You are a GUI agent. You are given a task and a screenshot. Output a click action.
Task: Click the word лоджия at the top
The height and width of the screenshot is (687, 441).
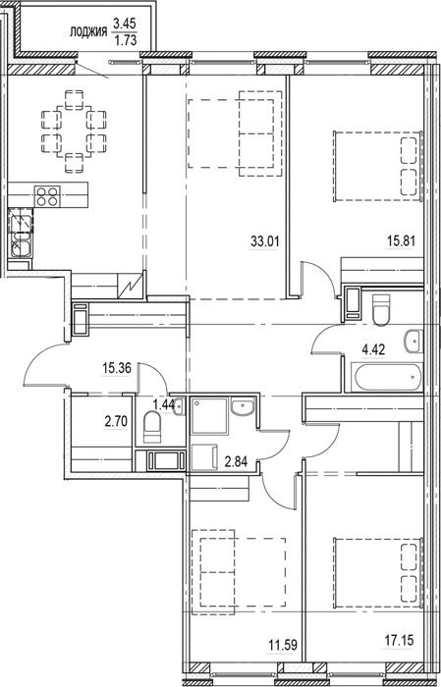[x=89, y=32]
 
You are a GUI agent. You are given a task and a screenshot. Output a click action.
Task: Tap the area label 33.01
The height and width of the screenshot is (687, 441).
[x=265, y=240]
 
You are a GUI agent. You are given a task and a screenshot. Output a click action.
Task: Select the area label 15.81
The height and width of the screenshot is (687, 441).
[x=400, y=240]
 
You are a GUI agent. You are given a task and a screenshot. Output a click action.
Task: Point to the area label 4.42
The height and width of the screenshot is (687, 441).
[x=372, y=351]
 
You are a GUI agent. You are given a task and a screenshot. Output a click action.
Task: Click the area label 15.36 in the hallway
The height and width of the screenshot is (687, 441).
[x=117, y=368]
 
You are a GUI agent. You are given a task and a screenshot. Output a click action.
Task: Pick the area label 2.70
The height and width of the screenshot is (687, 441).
[x=116, y=422]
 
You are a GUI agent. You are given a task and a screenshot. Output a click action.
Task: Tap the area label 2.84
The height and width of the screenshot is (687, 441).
[x=236, y=462]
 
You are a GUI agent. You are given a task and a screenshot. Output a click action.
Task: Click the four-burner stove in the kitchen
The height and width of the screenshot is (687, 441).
[x=47, y=196]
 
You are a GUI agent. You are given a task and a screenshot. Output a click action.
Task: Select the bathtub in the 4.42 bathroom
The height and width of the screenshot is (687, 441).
[x=387, y=377]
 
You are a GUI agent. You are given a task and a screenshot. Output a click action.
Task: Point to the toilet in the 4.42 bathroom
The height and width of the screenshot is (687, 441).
[x=380, y=310]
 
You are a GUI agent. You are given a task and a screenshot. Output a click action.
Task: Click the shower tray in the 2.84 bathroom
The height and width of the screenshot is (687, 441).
[x=209, y=416]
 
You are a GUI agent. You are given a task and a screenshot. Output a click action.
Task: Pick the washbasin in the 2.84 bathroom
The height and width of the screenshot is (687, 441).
[x=242, y=407]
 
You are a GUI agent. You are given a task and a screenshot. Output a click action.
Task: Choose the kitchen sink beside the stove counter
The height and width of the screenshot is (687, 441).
[x=21, y=235]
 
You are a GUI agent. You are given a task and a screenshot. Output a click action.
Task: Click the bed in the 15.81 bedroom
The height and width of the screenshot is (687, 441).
[x=378, y=166]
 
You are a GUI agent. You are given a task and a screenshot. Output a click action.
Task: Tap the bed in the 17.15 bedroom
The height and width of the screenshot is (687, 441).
[x=378, y=573]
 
